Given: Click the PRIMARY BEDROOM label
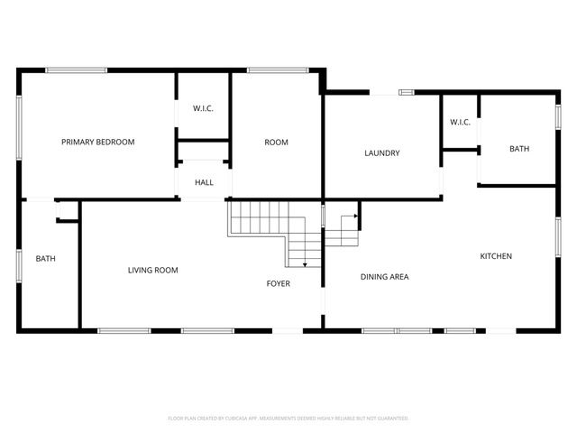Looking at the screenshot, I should click(97, 143).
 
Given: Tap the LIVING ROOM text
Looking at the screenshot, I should click(152, 270).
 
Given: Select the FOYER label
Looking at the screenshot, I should click(278, 284).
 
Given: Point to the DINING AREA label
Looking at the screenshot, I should click(385, 277).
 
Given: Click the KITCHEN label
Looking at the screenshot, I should click(495, 256).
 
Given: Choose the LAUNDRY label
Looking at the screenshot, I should click(381, 153).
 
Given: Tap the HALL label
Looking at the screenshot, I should click(205, 183).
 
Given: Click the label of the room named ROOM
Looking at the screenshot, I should click(276, 143).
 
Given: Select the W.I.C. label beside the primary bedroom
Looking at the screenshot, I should click(203, 109).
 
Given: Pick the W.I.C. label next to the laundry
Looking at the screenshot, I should click(460, 123).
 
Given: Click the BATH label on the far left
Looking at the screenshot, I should click(45, 259).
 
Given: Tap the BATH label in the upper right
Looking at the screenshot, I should click(519, 149).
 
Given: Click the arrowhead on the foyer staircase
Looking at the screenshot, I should click(306, 264).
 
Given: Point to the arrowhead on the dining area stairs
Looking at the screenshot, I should click(358, 216).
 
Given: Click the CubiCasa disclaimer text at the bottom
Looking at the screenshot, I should click(288, 419).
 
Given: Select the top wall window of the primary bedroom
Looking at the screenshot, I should click(77, 69).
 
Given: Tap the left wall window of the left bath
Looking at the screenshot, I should click(19, 265).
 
